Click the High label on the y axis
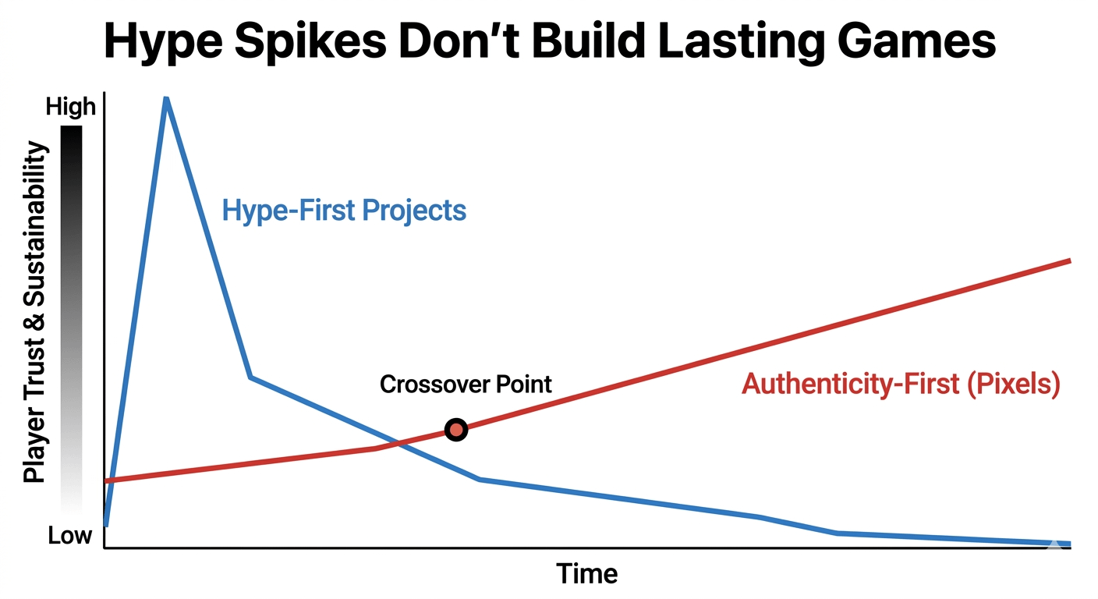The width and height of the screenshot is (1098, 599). click(71, 107)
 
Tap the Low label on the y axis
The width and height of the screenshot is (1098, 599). click(70, 536)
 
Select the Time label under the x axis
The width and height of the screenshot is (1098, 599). click(586, 574)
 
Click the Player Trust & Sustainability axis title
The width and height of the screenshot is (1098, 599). click(34, 312)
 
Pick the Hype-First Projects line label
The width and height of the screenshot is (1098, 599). click(344, 211)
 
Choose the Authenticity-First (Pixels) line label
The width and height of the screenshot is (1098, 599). click(901, 385)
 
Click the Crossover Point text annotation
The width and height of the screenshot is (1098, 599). click(466, 384)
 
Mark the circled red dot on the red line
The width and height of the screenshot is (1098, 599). click(456, 430)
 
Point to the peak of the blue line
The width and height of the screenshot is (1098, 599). click(166, 99)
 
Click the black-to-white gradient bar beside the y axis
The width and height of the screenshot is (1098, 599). click(71, 320)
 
